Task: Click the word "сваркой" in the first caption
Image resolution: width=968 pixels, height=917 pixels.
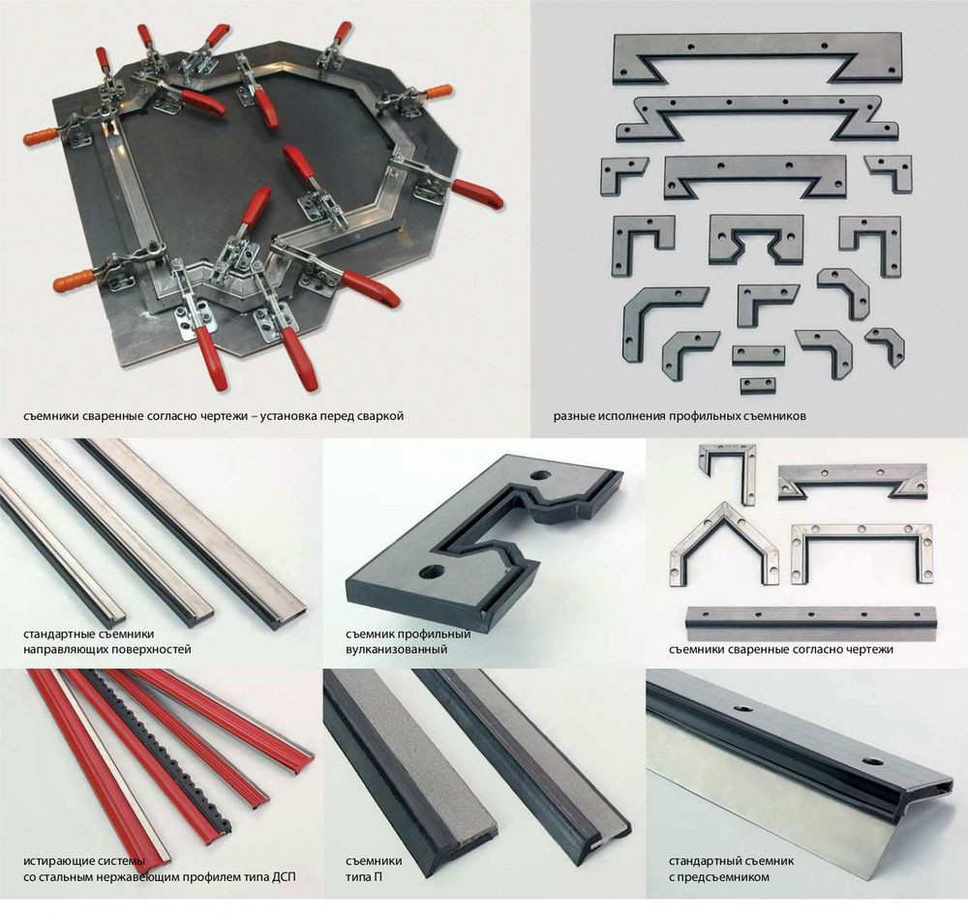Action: point(378,416)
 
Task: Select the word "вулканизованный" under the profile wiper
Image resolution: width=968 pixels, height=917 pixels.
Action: point(396,649)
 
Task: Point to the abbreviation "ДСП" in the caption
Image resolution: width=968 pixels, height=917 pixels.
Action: point(284,877)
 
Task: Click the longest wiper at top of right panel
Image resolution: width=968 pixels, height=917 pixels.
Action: point(758,59)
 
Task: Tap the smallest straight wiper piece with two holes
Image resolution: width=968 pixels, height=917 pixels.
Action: point(758,385)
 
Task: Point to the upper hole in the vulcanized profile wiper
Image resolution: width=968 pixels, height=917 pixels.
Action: point(541,476)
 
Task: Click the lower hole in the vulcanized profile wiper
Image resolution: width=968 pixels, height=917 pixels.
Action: point(432,572)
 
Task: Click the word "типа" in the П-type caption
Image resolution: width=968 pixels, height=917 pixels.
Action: point(357,877)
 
